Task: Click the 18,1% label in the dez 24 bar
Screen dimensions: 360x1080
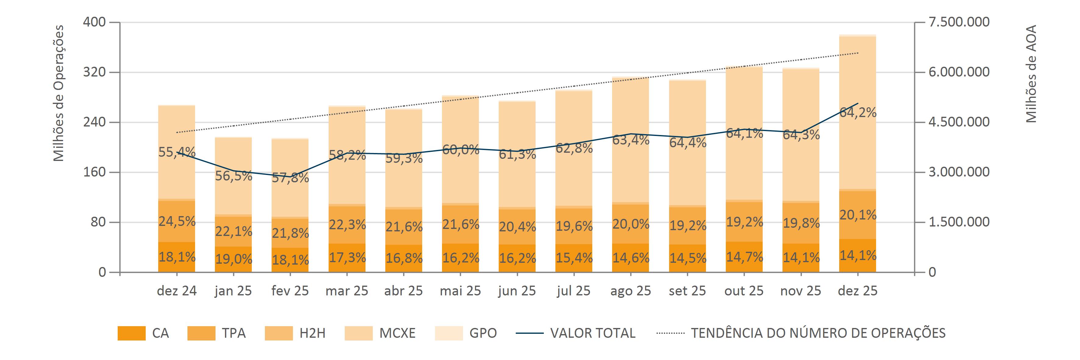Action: click(x=177, y=256)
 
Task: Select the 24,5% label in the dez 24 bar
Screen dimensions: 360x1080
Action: click(x=177, y=221)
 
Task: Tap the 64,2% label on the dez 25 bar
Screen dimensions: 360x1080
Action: click(x=858, y=112)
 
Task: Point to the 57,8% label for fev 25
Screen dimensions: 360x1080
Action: click(x=290, y=177)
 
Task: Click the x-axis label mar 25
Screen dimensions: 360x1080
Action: click(x=347, y=291)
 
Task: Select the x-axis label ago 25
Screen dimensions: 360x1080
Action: click(x=631, y=291)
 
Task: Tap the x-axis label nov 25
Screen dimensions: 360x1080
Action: click(x=801, y=291)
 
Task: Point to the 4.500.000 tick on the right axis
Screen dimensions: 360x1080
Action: click(x=959, y=122)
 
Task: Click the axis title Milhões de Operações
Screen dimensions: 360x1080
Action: click(x=59, y=93)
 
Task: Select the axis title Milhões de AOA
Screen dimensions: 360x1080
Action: click(x=1031, y=74)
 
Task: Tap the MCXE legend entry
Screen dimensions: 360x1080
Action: click(x=397, y=333)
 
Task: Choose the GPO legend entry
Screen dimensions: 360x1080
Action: click(x=483, y=333)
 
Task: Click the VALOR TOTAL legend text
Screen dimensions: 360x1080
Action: click(x=592, y=333)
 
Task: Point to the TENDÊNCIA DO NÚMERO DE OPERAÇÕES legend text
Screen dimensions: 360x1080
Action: click(x=818, y=333)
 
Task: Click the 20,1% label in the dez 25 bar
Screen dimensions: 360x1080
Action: click(x=858, y=215)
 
